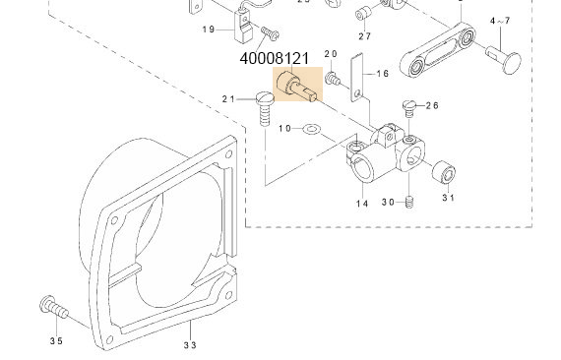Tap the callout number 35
tap(56, 340)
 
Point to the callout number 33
tap(190, 344)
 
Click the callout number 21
tap(230, 98)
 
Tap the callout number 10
tap(285, 129)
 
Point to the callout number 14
tap(362, 204)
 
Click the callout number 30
tap(388, 203)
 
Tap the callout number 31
tap(448, 198)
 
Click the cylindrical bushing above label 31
tap(447, 174)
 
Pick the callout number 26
tap(433, 105)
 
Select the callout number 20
tap(331, 54)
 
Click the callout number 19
tap(210, 30)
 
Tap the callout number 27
tap(364, 36)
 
